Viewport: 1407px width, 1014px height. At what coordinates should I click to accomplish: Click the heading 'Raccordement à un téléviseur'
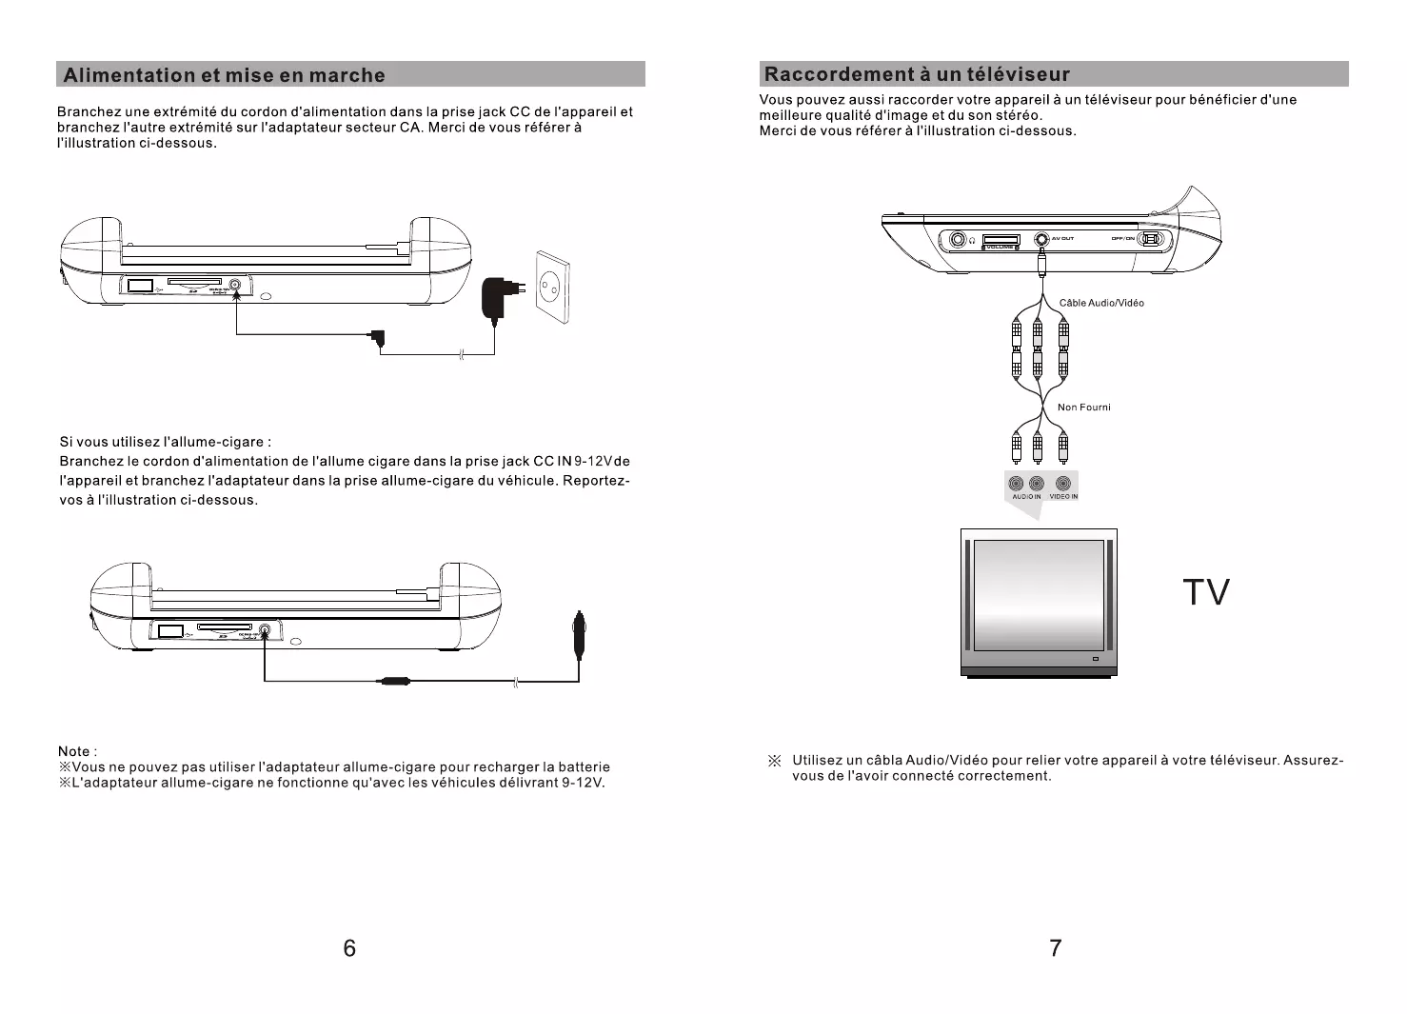(918, 74)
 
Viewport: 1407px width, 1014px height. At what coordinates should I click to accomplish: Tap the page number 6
(349, 947)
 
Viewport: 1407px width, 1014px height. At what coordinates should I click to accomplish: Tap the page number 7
(1055, 947)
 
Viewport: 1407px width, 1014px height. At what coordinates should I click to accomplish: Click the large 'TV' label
(1206, 592)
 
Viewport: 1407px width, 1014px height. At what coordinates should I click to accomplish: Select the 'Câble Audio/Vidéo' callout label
(1101, 303)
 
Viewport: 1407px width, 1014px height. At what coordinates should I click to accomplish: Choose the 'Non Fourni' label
(1083, 408)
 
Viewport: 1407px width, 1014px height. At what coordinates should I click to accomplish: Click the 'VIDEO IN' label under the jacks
(1063, 497)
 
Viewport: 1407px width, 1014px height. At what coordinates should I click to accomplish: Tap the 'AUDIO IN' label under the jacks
(1026, 497)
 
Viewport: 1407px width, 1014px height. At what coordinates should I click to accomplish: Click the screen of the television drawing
(1039, 594)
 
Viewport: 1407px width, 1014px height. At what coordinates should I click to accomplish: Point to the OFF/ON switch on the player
(1151, 239)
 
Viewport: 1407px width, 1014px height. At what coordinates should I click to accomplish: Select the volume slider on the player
(1001, 239)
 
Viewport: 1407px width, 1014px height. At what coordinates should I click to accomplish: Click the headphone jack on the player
(959, 239)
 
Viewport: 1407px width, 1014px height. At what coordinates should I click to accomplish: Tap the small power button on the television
(1095, 660)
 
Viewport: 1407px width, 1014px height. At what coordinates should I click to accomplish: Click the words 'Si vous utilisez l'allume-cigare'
(165, 442)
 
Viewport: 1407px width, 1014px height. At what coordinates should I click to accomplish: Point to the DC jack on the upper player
(235, 284)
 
